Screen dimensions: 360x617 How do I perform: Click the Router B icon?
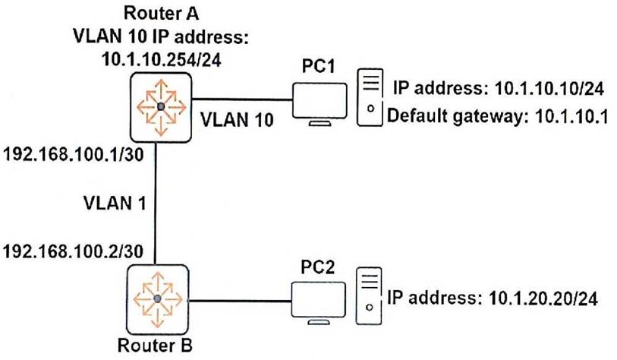point(157,298)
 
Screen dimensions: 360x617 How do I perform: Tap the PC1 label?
point(319,66)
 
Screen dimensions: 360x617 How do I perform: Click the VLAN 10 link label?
point(235,119)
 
